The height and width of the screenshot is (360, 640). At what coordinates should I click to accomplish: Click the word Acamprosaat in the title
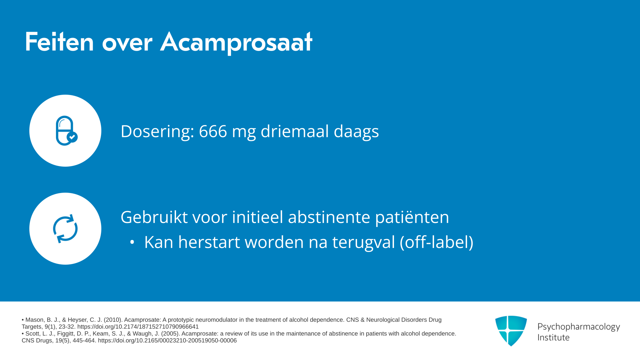236,42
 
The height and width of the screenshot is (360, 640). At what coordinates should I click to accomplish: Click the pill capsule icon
66,131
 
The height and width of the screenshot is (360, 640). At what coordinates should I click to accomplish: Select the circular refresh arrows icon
65,229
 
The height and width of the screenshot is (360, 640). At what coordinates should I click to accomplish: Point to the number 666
213,131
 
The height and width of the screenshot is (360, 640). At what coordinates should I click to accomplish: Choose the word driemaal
295,131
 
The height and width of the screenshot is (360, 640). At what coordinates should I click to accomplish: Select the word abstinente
329,217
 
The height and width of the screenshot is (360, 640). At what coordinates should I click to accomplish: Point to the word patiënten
412,218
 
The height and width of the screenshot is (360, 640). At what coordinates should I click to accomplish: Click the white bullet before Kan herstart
132,242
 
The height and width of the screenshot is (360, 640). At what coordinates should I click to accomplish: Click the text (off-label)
437,242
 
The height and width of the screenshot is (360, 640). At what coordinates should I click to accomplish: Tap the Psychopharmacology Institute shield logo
511,331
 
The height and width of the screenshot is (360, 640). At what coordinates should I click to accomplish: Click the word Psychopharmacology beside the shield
579,327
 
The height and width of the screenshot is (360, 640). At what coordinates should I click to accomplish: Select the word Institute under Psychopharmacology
553,337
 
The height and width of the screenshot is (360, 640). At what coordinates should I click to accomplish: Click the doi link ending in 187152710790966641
138,327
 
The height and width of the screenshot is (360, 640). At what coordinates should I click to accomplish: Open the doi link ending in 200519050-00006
167,340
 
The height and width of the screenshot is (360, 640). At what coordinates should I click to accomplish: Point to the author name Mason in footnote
34,320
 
